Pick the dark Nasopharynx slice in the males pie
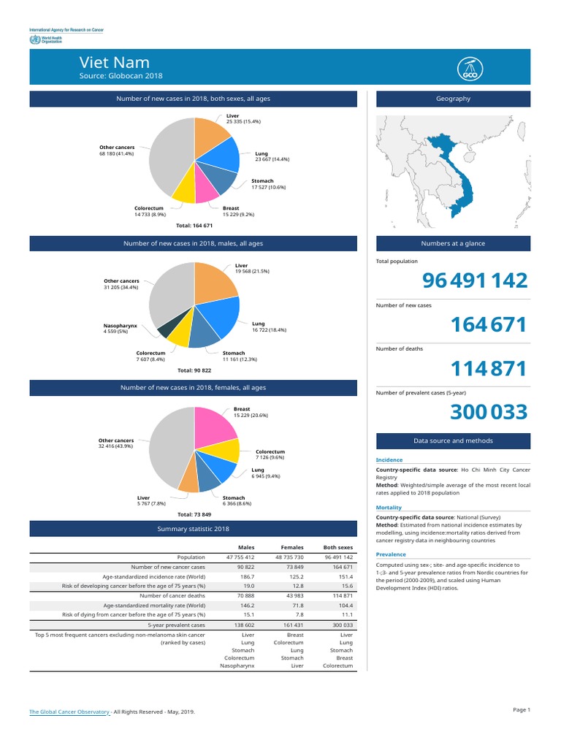tap(165, 329)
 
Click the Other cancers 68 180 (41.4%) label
tap(117, 150)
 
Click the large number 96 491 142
tap(474, 280)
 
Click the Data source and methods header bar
tap(453, 440)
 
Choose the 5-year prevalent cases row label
tap(176, 625)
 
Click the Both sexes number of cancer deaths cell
tap(342, 596)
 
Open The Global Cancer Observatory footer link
tap(69, 711)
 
